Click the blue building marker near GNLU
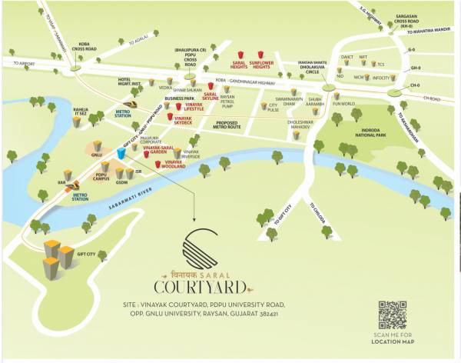pyautogui.click(x=121, y=151)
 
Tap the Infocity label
pyautogui.click(x=382, y=77)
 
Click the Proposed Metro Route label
pyautogui.click(x=237, y=124)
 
